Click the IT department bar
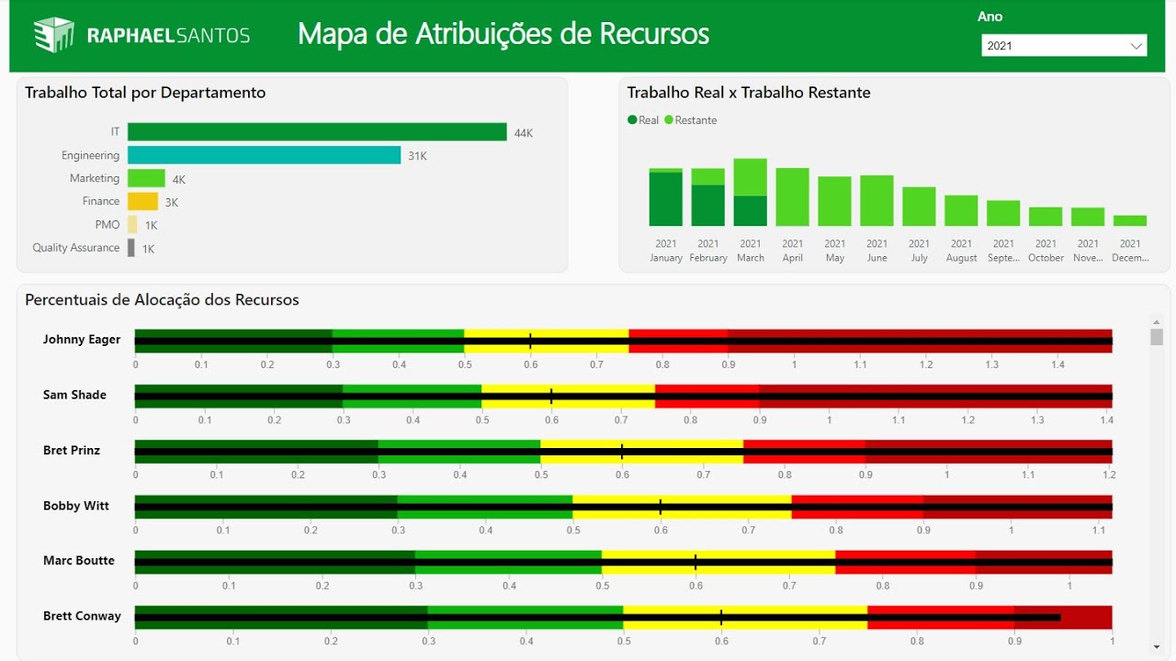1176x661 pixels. [x=317, y=132]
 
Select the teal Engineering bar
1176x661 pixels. [x=264, y=155]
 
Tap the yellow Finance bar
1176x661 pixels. [x=142, y=201]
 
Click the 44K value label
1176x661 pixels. [x=524, y=133]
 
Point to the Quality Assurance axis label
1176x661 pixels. [x=76, y=248]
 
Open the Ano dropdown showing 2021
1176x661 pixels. [x=1064, y=45]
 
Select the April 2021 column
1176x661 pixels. [x=792, y=196]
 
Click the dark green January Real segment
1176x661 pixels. [x=666, y=199]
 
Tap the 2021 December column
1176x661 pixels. [x=1130, y=220]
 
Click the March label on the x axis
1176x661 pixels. [x=751, y=258]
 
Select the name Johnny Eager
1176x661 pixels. [x=82, y=340]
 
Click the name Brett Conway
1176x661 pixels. [x=82, y=616]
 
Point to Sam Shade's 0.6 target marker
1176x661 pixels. [x=551, y=397]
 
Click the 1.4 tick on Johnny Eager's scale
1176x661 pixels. [x=1058, y=365]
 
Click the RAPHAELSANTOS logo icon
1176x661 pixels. [x=53, y=35]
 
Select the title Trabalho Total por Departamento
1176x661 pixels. [x=145, y=93]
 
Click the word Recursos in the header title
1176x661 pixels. [x=654, y=34]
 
